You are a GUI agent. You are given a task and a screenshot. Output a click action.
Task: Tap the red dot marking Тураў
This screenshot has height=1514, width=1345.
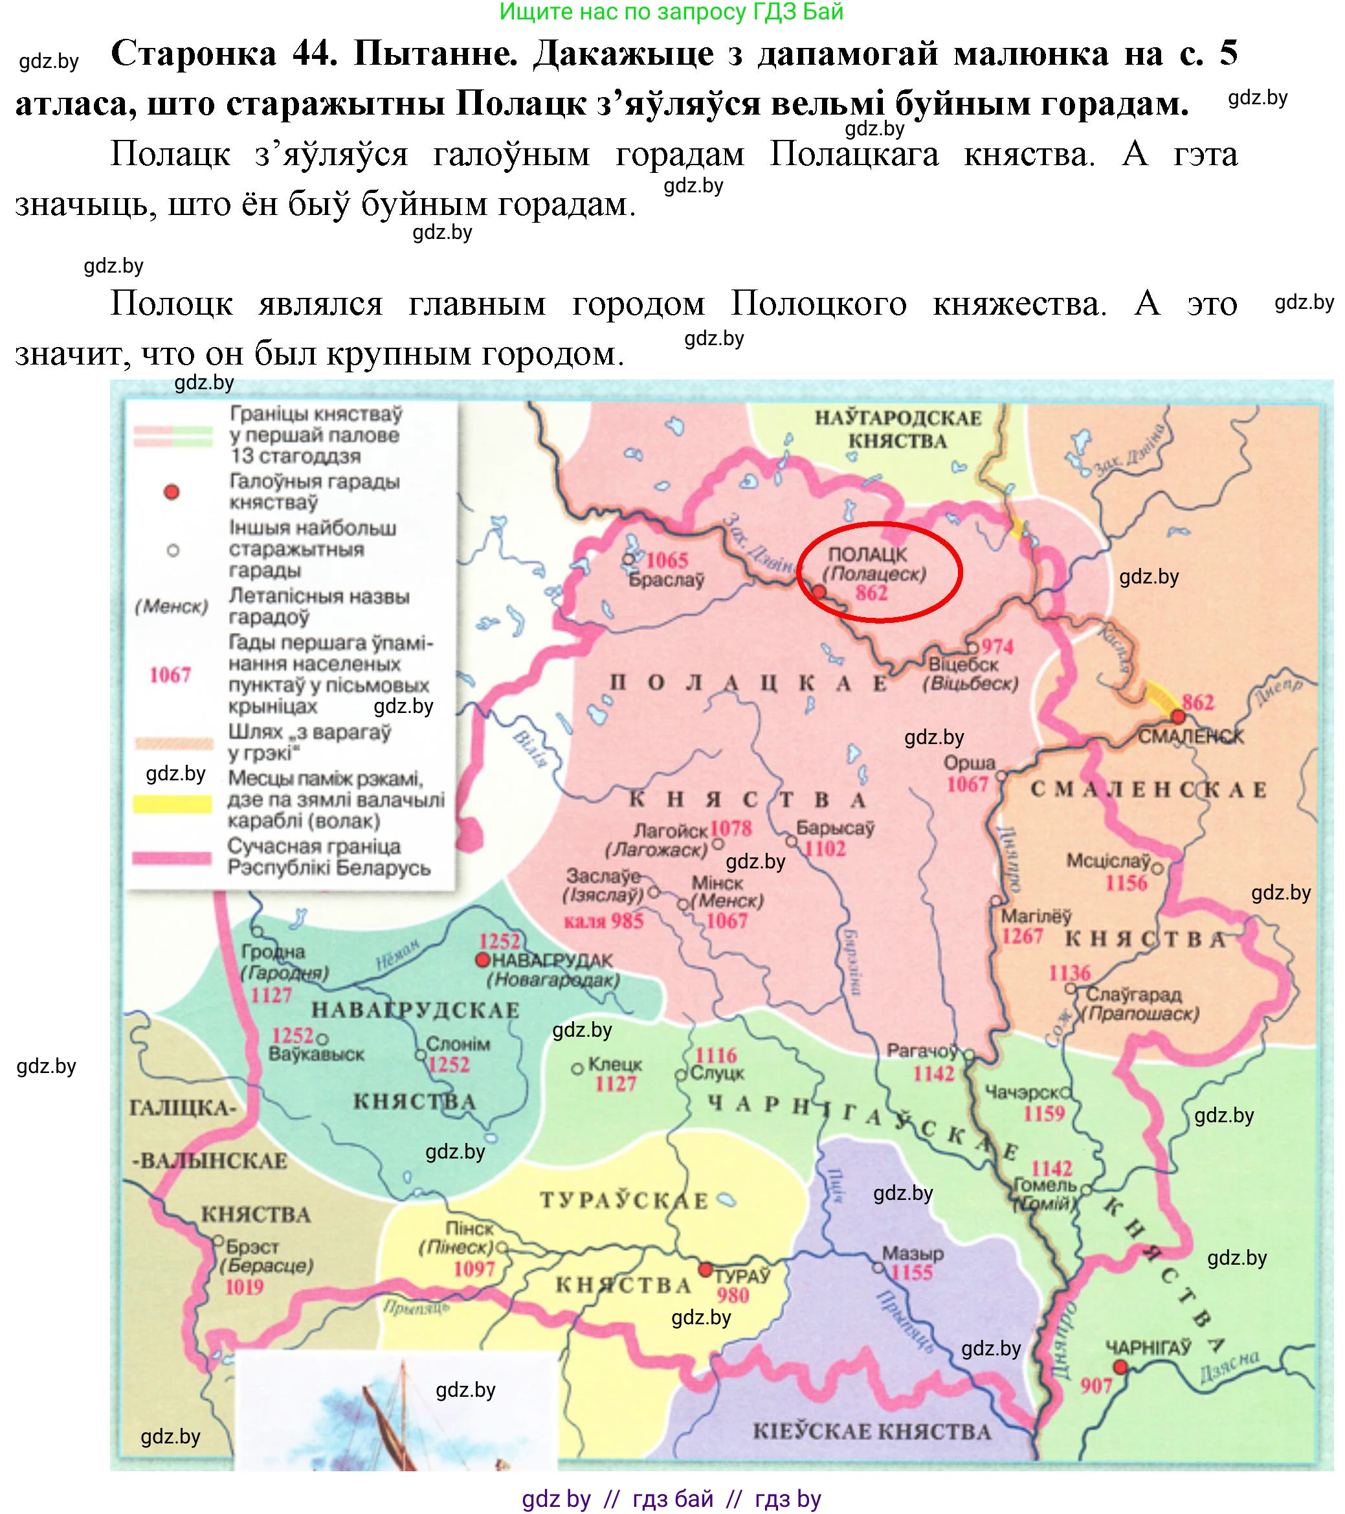(706, 1271)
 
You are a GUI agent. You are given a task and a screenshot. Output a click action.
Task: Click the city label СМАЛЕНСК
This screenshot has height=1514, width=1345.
(1190, 736)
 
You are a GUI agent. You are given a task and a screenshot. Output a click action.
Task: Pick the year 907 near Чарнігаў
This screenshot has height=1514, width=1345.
(1096, 1384)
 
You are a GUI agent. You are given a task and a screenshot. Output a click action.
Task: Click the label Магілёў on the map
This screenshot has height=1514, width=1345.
(1036, 916)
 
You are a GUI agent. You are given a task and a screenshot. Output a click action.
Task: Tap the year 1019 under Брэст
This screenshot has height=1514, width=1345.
(244, 1287)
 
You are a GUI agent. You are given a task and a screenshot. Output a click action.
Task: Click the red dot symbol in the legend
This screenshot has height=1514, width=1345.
(172, 493)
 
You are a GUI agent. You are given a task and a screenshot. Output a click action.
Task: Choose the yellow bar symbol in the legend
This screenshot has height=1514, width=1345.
(172, 804)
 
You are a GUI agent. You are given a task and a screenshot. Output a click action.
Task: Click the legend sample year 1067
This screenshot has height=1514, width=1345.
(170, 675)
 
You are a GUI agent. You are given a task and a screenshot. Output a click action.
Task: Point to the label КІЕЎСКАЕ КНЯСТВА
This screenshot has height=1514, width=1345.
(871, 1431)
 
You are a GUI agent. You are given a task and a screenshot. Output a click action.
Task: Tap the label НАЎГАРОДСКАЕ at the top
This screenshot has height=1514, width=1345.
(898, 418)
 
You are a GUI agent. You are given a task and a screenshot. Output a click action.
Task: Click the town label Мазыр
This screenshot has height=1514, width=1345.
(912, 1253)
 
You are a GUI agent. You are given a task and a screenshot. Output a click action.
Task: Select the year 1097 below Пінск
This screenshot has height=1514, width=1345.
(474, 1270)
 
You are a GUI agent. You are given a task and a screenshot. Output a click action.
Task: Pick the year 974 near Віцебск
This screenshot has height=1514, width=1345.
(997, 646)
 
